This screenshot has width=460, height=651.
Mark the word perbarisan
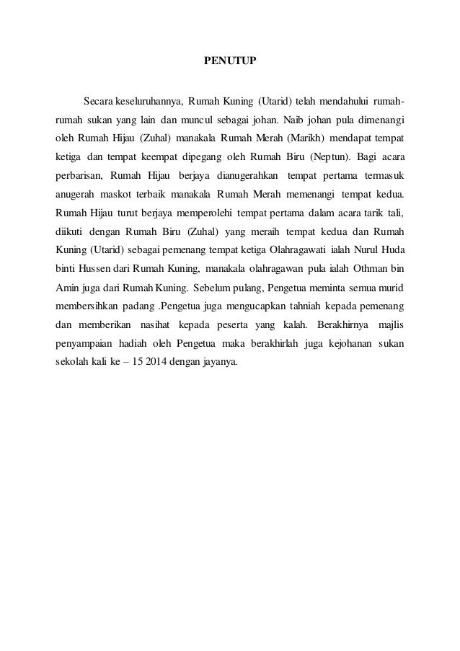(x=78, y=175)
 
